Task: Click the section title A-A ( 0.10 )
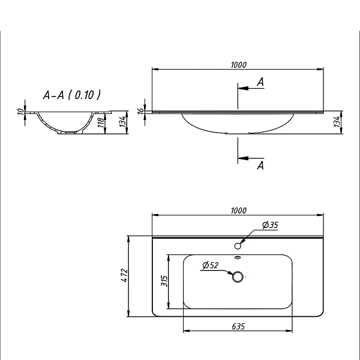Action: click(71, 95)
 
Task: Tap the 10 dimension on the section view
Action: click(21, 112)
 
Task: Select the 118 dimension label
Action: click(101, 123)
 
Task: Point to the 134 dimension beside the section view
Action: click(123, 122)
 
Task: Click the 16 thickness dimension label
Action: click(141, 110)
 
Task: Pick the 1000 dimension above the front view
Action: click(239, 65)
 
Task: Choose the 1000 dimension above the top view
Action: click(239, 211)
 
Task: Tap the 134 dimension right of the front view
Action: click(337, 122)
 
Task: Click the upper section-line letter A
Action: click(260, 82)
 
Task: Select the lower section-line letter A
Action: click(260, 166)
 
